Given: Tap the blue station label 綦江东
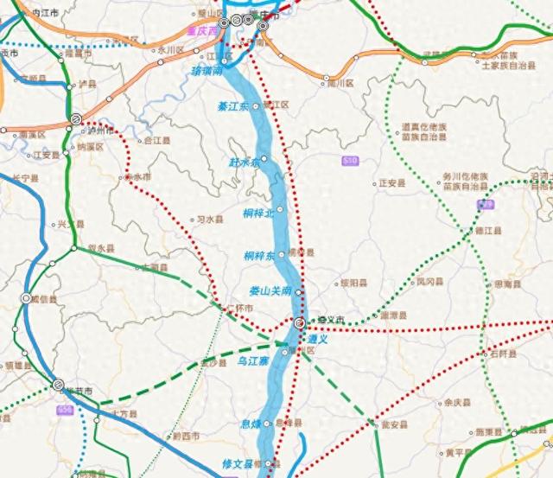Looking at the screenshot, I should coord(232,105).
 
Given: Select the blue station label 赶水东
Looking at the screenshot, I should coord(243,161).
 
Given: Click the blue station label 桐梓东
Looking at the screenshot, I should coord(258,256).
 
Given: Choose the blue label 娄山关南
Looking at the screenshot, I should coord(270,291).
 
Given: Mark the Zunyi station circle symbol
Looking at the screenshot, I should coord(298,323).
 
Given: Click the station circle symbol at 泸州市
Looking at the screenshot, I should coord(76,119).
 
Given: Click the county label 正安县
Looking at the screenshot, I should coord(392,183).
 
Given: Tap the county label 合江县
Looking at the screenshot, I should coord(157,139).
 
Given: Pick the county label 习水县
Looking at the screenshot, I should coord(210,220).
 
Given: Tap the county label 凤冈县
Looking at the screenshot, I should coord(430,281).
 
